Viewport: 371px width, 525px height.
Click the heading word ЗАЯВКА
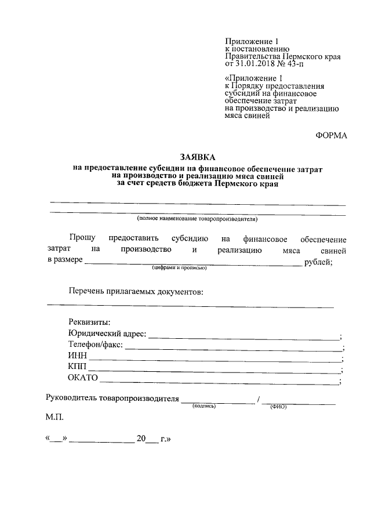[197, 158]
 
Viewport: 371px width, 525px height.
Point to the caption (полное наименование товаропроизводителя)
[197, 219]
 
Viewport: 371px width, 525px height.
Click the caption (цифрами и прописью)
[180, 268]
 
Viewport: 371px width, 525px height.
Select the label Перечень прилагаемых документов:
[136, 291]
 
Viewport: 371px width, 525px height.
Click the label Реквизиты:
[89, 323]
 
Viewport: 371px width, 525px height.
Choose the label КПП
[78, 368]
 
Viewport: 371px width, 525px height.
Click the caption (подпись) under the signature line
[204, 406]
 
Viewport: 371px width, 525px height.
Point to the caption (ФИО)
[278, 407]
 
